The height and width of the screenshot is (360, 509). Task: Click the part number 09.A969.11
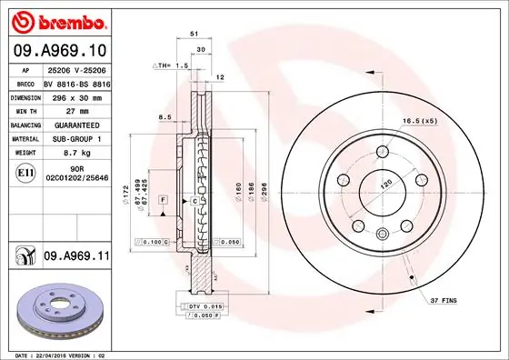click(75, 257)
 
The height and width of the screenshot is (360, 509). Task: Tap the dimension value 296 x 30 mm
click(75, 95)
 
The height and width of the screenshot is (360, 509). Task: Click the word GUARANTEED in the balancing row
click(74, 125)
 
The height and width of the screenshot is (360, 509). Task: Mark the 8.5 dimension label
click(165, 117)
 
